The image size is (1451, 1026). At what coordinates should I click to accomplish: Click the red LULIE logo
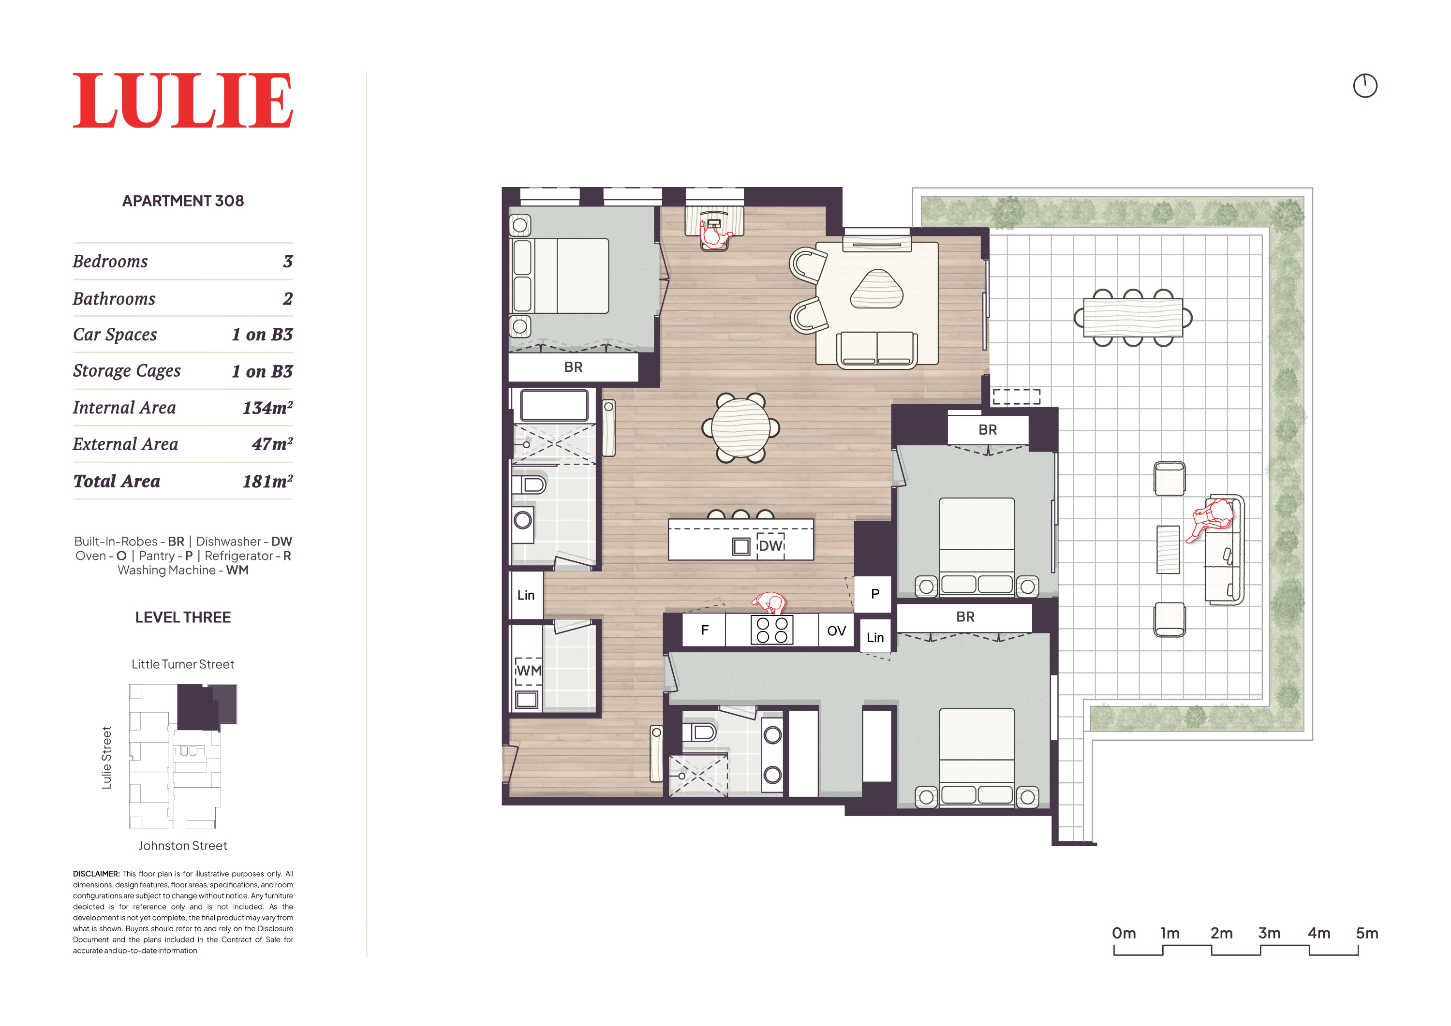coord(183,101)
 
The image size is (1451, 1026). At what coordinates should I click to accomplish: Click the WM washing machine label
coord(529,670)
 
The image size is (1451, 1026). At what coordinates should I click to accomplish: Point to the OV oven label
coord(836,630)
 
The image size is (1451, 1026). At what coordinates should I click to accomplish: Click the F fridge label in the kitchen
coord(705,630)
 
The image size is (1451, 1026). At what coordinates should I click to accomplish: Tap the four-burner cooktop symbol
coord(771,630)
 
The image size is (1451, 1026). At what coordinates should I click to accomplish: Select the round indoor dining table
coord(740,428)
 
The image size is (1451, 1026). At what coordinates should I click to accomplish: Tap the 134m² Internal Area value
coord(267,408)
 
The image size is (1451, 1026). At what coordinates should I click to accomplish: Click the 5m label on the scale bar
coord(1367,933)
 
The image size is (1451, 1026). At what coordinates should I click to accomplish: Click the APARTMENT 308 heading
coord(183,201)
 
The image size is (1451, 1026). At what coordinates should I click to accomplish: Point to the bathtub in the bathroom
coord(554,405)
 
